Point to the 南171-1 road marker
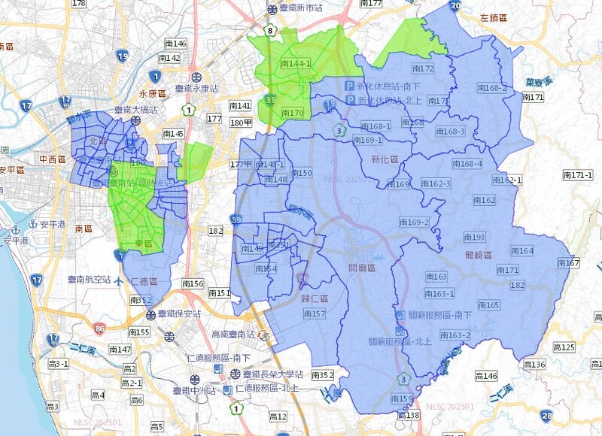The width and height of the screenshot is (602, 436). [578, 174]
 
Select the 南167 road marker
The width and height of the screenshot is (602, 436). [568, 262]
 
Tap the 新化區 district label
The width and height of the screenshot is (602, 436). [386, 159]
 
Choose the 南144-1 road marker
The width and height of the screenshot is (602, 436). [295, 65]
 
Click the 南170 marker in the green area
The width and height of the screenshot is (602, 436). [291, 114]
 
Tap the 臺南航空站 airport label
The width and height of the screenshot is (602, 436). [89, 280]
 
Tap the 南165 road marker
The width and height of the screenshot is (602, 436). [488, 305]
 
